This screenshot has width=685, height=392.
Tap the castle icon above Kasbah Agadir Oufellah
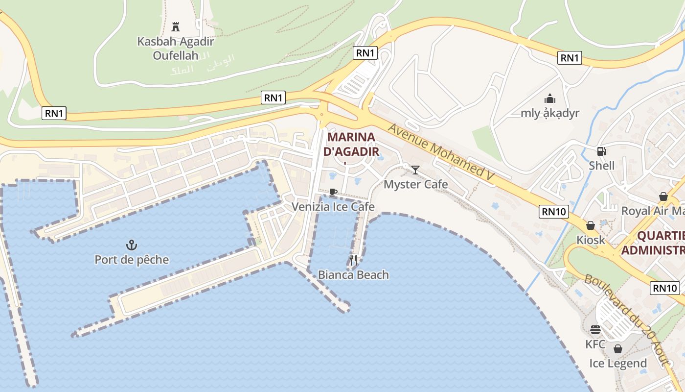tap(176, 26)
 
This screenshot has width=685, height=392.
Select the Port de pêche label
tap(132, 260)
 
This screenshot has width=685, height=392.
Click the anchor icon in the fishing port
tap(131, 245)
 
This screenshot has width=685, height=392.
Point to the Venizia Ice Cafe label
tap(333, 207)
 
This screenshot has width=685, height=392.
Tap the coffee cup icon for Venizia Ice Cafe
tap(333, 192)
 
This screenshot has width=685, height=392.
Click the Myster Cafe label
tap(415, 184)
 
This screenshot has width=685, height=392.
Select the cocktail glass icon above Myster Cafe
tap(415, 170)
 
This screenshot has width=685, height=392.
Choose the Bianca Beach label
tap(353, 275)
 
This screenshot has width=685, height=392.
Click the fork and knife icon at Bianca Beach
tap(353, 260)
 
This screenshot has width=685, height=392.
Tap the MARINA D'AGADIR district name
tap(351, 144)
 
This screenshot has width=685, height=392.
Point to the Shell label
tap(601, 166)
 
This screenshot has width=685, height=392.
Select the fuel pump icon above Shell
tap(601, 151)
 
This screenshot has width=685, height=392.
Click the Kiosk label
tap(591, 240)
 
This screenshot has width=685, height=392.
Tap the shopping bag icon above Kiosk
tap(591, 225)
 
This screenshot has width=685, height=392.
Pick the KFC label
tap(595, 344)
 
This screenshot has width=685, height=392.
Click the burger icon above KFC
tap(595, 329)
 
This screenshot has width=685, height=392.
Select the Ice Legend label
tap(618, 364)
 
